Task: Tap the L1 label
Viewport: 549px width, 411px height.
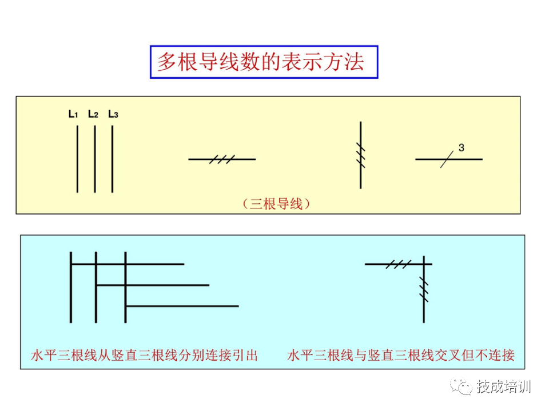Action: (x=73, y=114)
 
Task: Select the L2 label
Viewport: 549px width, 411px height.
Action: (x=93, y=114)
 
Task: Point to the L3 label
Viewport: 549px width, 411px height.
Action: (x=113, y=114)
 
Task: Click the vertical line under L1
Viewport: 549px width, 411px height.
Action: (x=77, y=159)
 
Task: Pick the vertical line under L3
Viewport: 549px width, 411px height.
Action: (x=113, y=159)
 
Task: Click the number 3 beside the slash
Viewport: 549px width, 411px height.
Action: (x=461, y=148)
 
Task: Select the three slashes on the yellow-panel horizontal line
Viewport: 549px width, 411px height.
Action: (x=222, y=159)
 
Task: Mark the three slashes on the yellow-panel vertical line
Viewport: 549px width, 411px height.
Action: (x=360, y=154)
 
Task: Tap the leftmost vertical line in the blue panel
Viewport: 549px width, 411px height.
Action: (x=71, y=287)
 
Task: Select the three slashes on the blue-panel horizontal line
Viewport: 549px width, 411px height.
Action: (x=398, y=264)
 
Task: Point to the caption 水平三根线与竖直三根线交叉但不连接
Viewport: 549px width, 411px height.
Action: (x=400, y=356)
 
